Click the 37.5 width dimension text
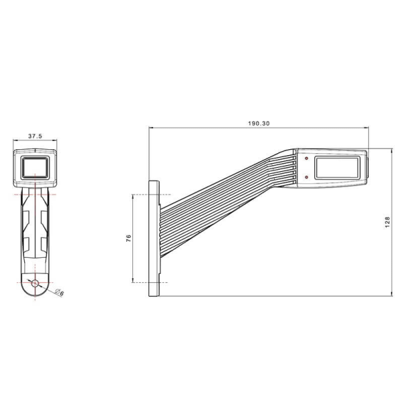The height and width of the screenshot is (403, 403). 36,136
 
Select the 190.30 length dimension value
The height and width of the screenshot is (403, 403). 259,123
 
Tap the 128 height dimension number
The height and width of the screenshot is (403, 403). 388,222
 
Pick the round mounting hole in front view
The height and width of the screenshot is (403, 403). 36,283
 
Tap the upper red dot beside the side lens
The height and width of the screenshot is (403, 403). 306,159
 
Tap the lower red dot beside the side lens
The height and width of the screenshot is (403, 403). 306,177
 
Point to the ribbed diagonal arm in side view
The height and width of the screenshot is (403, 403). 228,195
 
